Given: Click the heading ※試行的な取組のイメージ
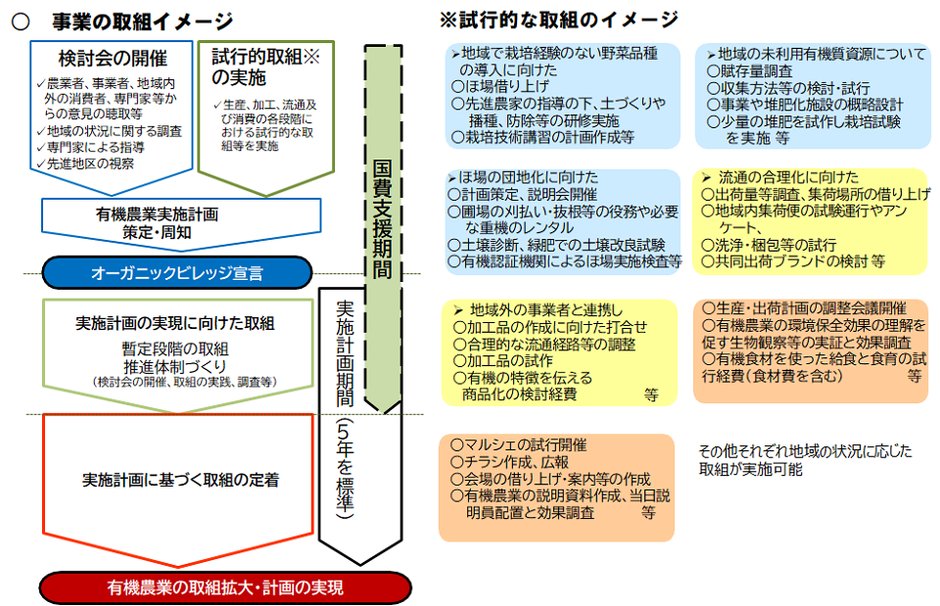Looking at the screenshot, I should pyautogui.click(x=558, y=20).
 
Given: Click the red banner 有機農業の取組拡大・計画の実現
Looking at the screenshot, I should pyautogui.click(x=225, y=587).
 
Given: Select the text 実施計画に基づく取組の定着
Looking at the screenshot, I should pyautogui.click(x=179, y=480).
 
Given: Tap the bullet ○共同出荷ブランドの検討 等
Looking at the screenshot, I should pyautogui.click(x=794, y=261).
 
